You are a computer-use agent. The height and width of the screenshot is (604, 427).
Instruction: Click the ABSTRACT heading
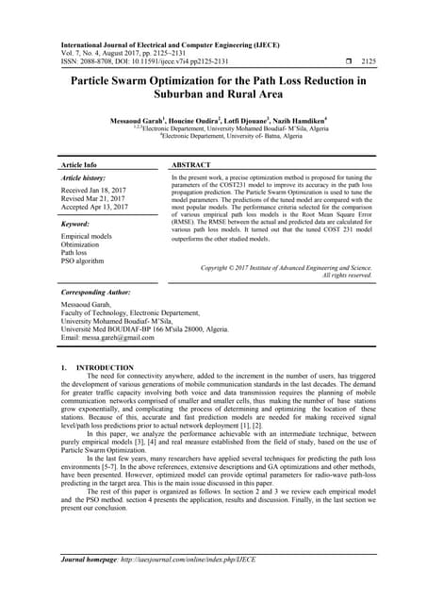pyautogui.click(x=196, y=164)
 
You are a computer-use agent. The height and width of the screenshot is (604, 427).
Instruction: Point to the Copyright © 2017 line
pyautogui.click(x=287, y=268)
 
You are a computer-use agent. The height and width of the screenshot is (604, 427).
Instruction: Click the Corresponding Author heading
pyautogui.click(x=100, y=294)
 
